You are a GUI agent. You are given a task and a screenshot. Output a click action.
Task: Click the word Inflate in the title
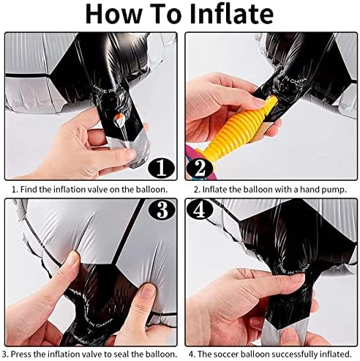231,14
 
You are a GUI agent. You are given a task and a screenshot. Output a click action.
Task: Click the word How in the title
113,14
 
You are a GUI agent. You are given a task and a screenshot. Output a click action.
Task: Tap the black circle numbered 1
162,168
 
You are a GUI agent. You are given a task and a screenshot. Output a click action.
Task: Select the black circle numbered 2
200,168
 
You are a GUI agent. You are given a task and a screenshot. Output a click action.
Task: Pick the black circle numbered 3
162,210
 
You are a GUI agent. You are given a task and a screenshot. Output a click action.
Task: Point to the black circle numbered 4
200,210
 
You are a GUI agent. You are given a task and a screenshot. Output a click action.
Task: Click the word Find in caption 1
29,190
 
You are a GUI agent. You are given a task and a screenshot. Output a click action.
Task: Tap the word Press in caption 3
20,354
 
